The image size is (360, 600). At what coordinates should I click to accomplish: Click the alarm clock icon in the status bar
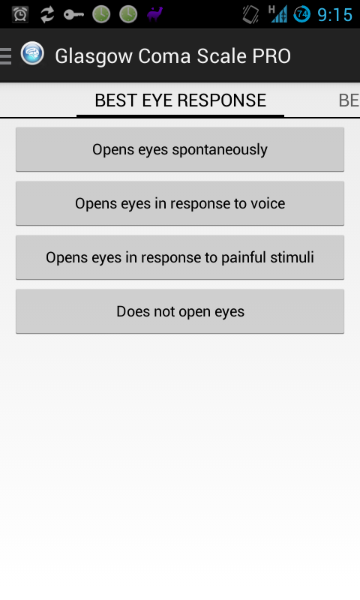click(20, 14)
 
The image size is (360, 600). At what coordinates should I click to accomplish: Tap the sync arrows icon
click(47, 14)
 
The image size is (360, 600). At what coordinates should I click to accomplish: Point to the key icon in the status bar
click(73, 15)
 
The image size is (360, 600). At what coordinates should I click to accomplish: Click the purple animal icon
click(155, 14)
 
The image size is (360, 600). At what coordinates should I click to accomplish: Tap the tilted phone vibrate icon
click(250, 14)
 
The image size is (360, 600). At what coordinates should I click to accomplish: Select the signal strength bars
click(278, 14)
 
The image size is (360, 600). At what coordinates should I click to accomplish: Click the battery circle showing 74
click(301, 14)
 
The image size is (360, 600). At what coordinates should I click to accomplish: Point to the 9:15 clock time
click(334, 15)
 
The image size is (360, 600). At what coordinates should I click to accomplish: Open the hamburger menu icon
click(6, 56)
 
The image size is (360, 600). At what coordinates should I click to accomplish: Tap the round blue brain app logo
click(32, 53)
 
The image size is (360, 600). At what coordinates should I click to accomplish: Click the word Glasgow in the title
click(94, 57)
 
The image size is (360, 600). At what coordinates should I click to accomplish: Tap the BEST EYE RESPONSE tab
click(180, 100)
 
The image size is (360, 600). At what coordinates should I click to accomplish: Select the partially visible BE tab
click(349, 100)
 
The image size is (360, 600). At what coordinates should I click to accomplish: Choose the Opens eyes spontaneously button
click(180, 149)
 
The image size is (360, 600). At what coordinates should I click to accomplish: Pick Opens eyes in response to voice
click(180, 203)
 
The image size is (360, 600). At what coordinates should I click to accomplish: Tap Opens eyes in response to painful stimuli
click(180, 257)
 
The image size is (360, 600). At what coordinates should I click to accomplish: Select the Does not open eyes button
click(180, 311)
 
